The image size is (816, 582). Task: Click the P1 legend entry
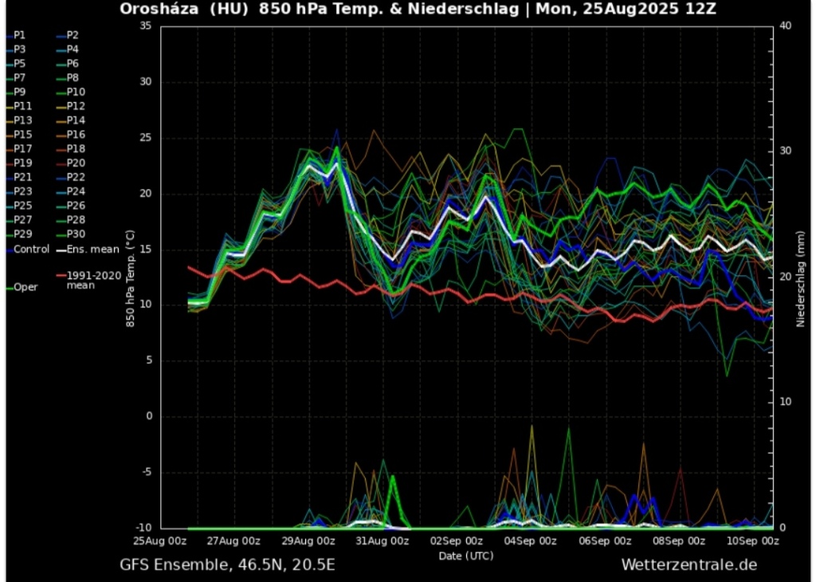[20, 35]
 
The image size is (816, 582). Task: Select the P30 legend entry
[76, 234]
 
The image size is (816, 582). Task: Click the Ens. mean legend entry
[92, 249]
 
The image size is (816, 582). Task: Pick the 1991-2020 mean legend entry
[91, 280]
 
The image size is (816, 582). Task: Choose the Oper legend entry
[25, 287]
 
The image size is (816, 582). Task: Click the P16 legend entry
[76, 134]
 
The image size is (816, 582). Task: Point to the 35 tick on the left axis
[145, 26]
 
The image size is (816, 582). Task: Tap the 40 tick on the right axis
[785, 26]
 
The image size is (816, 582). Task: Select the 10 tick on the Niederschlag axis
[785, 401]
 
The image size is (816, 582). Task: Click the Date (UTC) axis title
[466, 555]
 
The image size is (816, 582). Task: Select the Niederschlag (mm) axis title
[800, 276]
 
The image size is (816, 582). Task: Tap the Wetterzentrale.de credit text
[688, 565]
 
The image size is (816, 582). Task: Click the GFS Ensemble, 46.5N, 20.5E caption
[227, 565]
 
